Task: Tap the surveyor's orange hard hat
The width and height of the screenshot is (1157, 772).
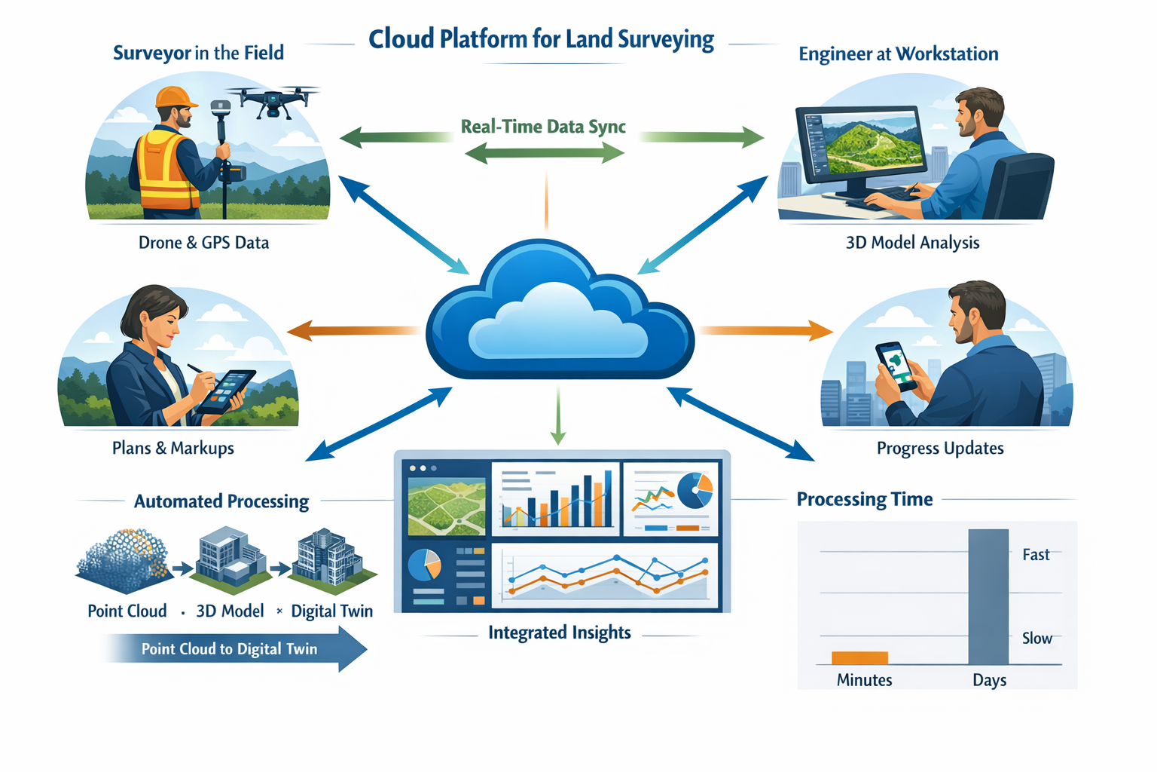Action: (175, 97)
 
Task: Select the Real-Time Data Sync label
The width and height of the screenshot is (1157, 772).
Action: (543, 127)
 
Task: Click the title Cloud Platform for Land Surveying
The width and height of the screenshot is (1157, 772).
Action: (541, 39)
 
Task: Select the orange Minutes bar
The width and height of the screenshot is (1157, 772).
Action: (859, 657)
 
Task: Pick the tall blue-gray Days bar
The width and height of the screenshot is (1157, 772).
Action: (988, 596)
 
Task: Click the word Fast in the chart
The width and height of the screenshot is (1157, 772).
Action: (1036, 555)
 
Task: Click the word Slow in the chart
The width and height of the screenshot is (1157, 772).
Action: (1036, 639)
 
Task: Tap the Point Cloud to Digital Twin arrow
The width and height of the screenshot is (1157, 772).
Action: (234, 649)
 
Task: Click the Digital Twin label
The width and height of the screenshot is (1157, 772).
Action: (332, 611)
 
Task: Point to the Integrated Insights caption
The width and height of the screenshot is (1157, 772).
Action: (559, 633)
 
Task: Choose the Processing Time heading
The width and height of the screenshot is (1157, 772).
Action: (865, 499)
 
